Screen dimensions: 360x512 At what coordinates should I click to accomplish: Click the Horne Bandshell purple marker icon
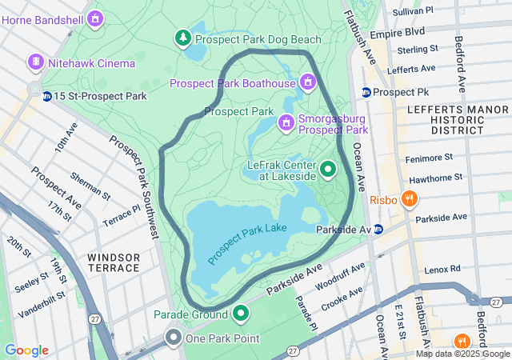pyautogui.click(x=96, y=17)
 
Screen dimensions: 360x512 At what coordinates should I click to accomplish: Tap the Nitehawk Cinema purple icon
pyautogui.click(x=36, y=62)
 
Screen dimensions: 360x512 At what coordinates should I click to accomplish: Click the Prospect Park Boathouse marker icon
pyautogui.click(x=307, y=82)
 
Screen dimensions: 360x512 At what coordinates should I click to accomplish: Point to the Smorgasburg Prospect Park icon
pyautogui.click(x=286, y=122)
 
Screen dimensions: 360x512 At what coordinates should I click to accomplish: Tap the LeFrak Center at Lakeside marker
pyautogui.click(x=328, y=170)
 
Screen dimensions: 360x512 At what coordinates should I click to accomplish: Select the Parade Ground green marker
pyautogui.click(x=241, y=313)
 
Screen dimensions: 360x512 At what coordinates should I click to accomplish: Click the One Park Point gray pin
pyautogui.click(x=174, y=338)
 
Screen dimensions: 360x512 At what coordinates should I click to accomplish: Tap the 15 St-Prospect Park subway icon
pyautogui.click(x=47, y=96)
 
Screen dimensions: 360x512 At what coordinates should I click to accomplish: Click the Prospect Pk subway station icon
pyautogui.click(x=366, y=92)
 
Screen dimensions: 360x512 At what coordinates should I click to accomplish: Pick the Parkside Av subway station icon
pyautogui.click(x=378, y=229)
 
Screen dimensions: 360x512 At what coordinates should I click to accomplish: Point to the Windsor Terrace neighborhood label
pyautogui.click(x=114, y=262)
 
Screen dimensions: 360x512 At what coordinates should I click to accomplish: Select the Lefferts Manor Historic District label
pyautogui.click(x=445, y=118)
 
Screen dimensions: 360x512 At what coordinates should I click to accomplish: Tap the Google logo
pyautogui.click(x=26, y=350)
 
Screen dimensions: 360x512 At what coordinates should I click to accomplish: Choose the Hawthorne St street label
pyautogui.click(x=436, y=178)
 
